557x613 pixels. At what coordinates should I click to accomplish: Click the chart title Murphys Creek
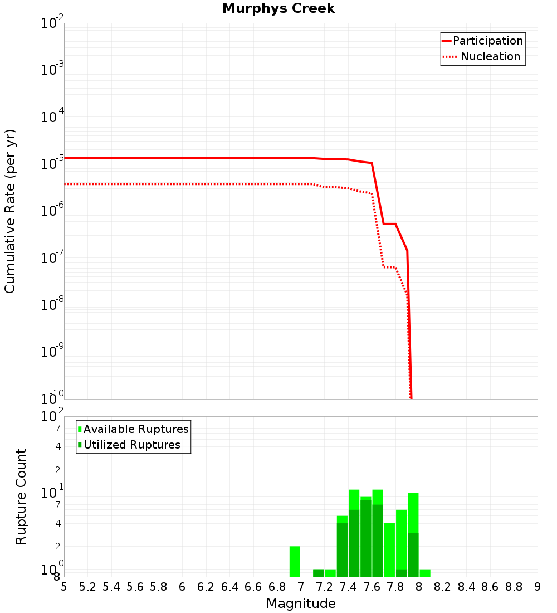(278, 9)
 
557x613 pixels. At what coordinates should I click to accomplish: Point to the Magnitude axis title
(301, 604)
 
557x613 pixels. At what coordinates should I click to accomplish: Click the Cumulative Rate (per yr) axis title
(10, 211)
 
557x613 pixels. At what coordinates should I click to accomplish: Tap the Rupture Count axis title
(21, 497)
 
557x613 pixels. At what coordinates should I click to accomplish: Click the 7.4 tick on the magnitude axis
(348, 587)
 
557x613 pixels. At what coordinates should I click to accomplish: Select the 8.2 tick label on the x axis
(443, 587)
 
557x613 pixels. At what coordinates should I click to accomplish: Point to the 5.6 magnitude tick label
(135, 587)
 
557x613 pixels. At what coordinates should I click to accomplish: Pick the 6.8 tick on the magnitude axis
(277, 587)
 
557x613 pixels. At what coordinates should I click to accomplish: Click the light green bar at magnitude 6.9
(295, 561)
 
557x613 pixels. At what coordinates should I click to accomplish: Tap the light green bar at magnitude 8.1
(425, 573)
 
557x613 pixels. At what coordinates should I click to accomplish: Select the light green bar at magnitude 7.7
(389, 549)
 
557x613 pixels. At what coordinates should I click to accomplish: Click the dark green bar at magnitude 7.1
(319, 573)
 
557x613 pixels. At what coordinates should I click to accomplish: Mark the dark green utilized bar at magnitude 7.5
(366, 538)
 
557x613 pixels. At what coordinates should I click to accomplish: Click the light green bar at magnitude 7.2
(330, 573)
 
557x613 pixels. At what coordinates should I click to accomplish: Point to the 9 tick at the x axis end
(538, 587)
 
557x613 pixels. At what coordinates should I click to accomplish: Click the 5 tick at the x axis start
(64, 587)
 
